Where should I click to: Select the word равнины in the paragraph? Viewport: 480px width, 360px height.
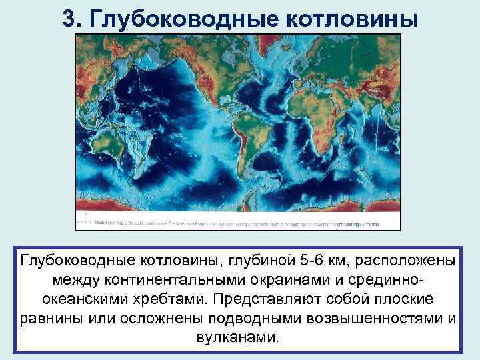point(49,317)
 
